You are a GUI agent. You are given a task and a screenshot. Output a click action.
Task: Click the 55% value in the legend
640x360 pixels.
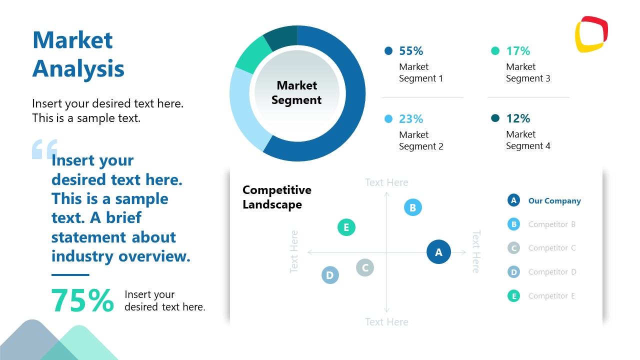click(x=410, y=51)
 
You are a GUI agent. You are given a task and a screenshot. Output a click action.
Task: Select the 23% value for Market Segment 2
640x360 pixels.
click(x=410, y=119)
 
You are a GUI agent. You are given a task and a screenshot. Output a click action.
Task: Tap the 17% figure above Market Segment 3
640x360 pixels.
click(x=517, y=51)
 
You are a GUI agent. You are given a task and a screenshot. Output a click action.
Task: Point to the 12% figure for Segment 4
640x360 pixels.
click(x=517, y=118)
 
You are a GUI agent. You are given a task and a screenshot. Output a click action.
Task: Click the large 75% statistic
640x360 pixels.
click(x=82, y=300)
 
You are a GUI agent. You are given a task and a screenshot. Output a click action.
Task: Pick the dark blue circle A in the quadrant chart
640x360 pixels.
click(x=438, y=252)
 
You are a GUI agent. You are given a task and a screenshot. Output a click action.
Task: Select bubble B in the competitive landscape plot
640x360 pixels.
click(x=412, y=207)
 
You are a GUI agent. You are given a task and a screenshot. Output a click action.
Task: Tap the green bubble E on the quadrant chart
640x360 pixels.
click(x=346, y=227)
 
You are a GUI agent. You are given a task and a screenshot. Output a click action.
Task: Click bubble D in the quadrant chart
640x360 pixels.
click(x=329, y=275)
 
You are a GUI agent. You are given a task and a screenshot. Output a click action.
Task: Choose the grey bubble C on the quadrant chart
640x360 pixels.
click(x=365, y=267)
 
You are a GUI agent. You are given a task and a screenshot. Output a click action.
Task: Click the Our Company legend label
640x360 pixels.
click(x=554, y=201)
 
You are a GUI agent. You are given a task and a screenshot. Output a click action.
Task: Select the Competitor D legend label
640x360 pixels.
click(x=552, y=272)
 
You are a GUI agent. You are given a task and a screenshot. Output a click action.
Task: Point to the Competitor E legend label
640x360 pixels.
click(x=551, y=296)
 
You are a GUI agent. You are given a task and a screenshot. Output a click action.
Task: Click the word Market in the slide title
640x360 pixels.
click(x=72, y=40)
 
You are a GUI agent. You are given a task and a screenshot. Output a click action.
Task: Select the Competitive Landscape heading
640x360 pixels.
click(x=276, y=197)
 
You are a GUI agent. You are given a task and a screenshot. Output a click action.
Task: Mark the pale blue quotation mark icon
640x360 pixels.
click(x=44, y=149)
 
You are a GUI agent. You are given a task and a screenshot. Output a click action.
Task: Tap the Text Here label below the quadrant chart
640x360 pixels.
click(x=386, y=322)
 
